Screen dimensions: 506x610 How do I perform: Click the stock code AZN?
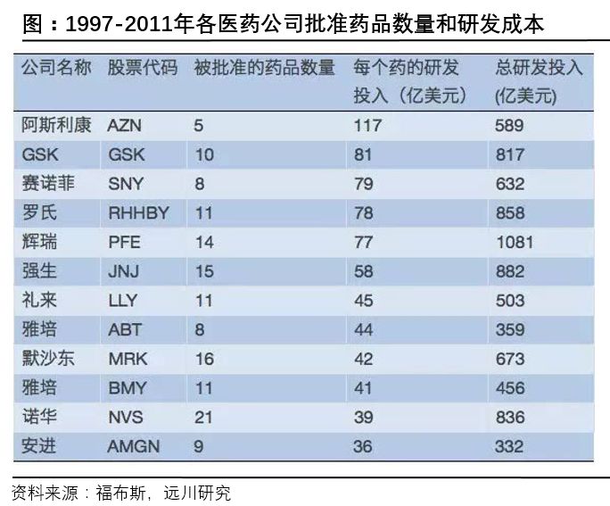click(125, 126)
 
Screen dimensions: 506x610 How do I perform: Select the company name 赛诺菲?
click(45, 184)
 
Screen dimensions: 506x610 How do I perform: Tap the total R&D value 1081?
click(514, 242)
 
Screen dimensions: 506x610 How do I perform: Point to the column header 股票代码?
click(142, 69)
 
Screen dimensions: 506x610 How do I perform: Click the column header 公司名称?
click(55, 69)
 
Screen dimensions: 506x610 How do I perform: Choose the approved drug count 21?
click(204, 417)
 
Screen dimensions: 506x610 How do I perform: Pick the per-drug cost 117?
click(367, 126)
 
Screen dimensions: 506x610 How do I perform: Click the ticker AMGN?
click(134, 446)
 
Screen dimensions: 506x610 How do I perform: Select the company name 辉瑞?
click(38, 242)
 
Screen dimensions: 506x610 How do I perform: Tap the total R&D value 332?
click(509, 446)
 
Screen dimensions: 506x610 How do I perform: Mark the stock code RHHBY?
click(138, 213)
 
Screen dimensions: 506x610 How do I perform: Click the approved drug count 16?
click(204, 359)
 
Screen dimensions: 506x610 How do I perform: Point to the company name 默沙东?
click(45, 359)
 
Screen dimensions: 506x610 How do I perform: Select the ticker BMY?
click(127, 388)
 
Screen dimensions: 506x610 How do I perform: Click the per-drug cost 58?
click(364, 271)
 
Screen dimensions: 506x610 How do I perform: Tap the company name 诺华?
click(38, 417)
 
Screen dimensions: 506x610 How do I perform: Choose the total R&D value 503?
click(509, 301)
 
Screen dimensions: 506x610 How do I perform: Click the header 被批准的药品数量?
click(264, 69)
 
